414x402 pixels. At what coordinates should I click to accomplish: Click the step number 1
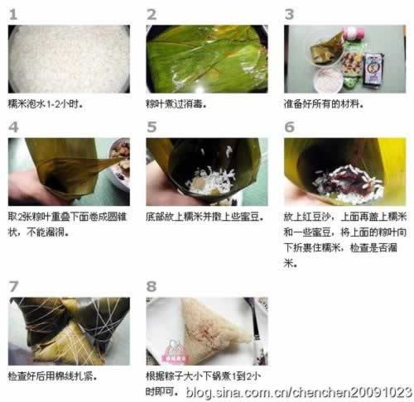pos(13,14)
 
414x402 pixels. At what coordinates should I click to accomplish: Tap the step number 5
pos(152,127)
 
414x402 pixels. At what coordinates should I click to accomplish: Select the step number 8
pos(152,286)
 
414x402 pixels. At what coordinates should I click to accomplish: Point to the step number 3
pos(289,14)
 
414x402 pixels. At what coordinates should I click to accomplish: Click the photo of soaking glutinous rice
pos(69,59)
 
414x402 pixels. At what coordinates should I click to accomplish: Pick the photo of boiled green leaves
pos(207,59)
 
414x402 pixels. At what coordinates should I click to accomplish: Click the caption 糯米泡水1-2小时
pos(46,104)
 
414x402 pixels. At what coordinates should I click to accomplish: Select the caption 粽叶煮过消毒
pos(176,104)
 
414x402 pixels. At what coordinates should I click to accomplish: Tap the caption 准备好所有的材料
pos(324,104)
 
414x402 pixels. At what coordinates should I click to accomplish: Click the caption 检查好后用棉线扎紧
pos(52,376)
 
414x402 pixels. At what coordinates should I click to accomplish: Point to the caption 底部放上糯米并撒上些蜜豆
pos(205,217)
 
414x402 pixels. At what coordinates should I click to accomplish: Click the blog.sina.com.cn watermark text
pos(299,392)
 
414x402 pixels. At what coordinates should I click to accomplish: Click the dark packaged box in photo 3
pos(373,69)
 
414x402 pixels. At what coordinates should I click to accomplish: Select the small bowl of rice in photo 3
pos(329,80)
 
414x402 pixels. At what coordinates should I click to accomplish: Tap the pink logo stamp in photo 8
pos(176,352)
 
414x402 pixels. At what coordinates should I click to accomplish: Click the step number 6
pos(290,127)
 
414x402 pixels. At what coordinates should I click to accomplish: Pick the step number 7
pos(13,286)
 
